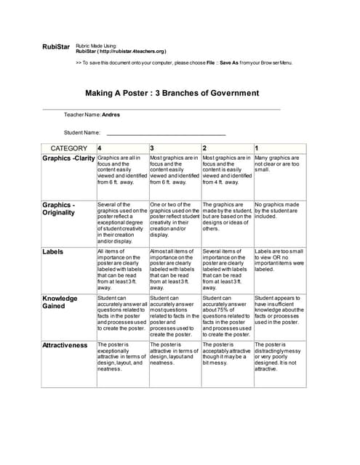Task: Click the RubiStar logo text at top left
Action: tap(56, 47)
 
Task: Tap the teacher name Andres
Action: tap(111, 116)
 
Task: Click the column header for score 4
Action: tap(100, 148)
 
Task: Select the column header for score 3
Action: tap(152, 148)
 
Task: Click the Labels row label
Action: tap(53, 251)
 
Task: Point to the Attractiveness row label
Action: tap(65, 345)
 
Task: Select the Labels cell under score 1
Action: tap(279, 259)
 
